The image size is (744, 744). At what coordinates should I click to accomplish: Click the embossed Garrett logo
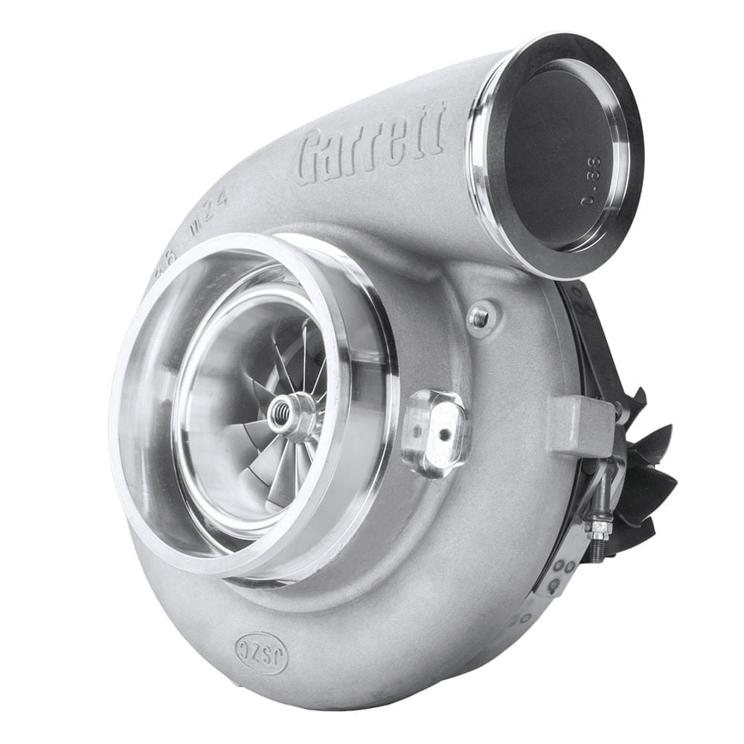click(x=371, y=143)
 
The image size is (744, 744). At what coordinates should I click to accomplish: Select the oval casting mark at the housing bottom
click(x=261, y=643)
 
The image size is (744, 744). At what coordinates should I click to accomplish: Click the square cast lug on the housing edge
click(x=581, y=425)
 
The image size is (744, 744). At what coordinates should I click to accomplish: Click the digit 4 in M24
click(x=222, y=200)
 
